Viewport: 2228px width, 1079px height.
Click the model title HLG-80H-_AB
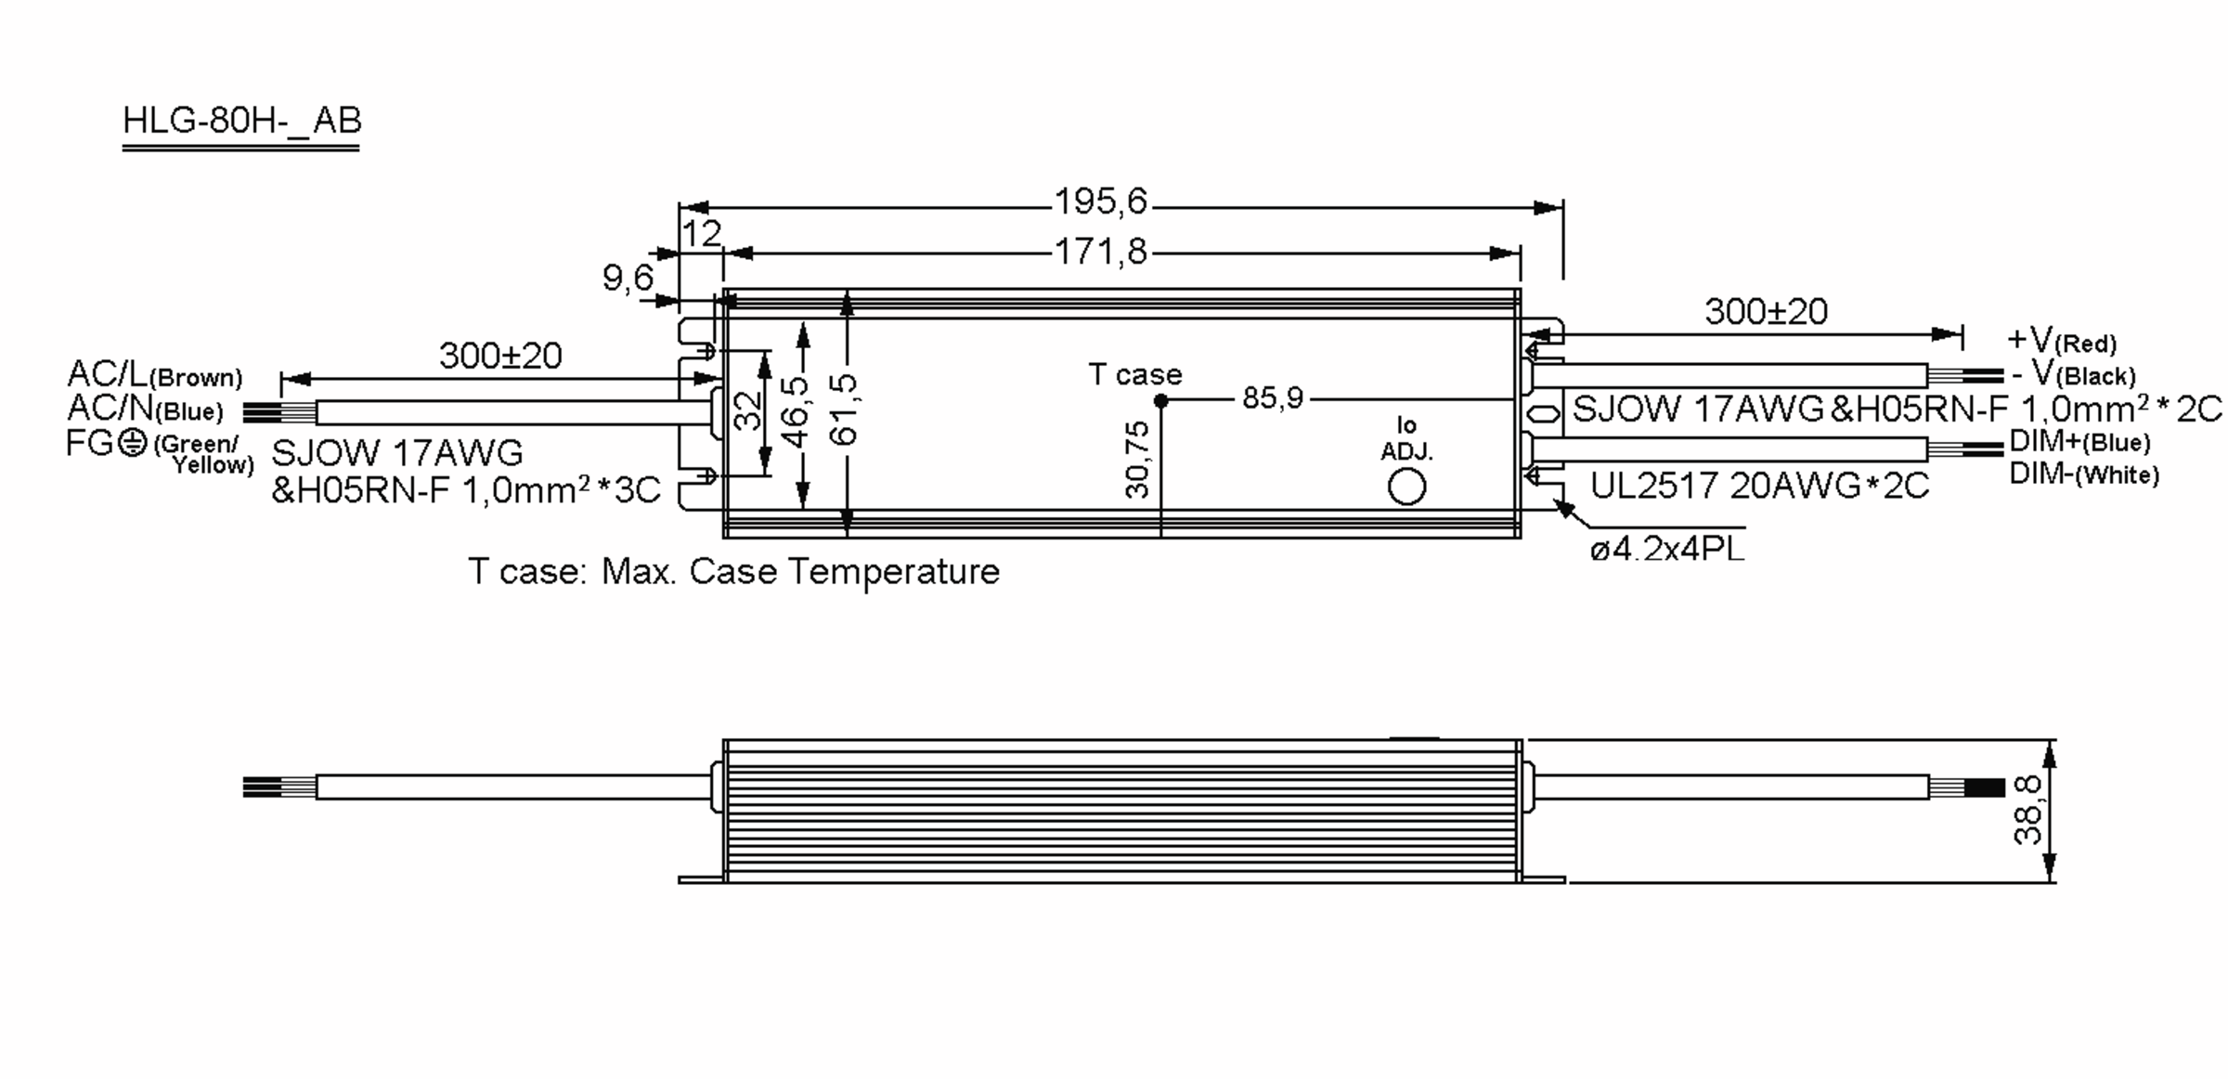[241, 121]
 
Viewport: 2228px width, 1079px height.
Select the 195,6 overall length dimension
[1101, 201]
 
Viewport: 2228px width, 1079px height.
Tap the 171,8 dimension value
[1101, 252]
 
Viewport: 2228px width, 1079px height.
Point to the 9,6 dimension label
[628, 277]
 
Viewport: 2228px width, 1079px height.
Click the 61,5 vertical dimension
[845, 409]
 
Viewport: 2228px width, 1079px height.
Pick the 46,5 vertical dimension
[796, 411]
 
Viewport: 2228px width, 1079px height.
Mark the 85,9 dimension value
[1273, 398]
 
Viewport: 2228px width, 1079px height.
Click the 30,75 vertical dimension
[1137, 460]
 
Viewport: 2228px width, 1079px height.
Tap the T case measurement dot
[1160, 401]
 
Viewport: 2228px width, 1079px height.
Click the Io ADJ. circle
[1406, 487]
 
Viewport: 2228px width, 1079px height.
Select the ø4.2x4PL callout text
[1667, 550]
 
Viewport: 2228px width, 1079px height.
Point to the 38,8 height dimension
[2027, 810]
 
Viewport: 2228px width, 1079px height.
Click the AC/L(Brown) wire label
[154, 374]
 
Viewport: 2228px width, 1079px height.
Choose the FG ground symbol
[134, 443]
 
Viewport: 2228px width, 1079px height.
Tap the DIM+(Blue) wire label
[2079, 441]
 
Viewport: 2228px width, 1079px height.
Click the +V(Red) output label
[2062, 340]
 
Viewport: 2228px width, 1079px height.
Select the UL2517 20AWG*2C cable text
[1759, 486]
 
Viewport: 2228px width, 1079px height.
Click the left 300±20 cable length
[500, 356]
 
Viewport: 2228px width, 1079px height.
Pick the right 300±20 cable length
[1766, 311]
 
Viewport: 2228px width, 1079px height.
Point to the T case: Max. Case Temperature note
[733, 571]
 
